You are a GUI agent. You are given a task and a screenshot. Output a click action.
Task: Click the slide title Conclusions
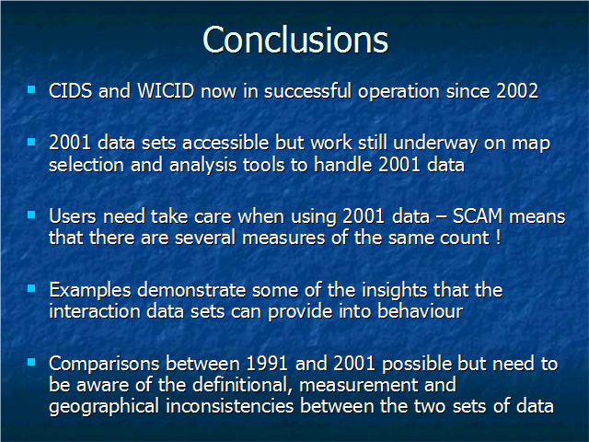295,40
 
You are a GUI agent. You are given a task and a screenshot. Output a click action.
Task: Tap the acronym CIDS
70,91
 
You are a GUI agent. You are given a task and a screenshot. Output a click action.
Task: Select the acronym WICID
166,91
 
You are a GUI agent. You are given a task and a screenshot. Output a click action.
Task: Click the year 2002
517,91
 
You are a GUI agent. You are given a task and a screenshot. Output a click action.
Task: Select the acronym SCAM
478,216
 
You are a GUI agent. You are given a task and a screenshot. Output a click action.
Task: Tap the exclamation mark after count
498,238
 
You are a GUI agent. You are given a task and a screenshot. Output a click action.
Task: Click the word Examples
90,290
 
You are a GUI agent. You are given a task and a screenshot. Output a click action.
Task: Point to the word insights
394,290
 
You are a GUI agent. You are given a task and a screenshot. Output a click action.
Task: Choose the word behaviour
420,311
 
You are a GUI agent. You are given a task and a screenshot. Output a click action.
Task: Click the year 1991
267,364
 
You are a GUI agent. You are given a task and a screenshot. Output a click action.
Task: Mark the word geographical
104,407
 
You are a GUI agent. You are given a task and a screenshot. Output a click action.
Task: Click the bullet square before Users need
31,215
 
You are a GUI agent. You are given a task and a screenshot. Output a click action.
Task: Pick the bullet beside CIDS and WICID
31,89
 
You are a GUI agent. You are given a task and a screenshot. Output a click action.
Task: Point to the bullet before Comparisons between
31,362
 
